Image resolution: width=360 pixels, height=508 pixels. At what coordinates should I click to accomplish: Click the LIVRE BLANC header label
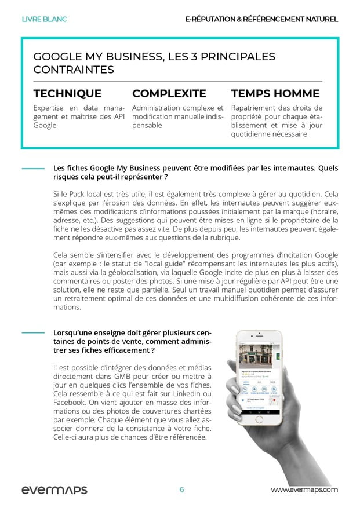click(x=44, y=19)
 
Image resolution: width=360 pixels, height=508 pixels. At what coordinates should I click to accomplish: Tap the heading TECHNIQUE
click(x=67, y=93)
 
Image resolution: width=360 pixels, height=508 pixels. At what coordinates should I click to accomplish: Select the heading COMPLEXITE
click(x=169, y=93)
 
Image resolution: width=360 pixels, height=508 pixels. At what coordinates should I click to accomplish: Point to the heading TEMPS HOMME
click(x=275, y=93)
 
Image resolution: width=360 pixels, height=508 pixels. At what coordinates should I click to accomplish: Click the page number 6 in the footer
click(x=181, y=490)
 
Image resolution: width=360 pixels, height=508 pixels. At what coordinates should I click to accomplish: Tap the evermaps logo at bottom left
click(x=54, y=490)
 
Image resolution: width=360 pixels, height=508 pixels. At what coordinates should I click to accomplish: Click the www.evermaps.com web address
click(x=304, y=490)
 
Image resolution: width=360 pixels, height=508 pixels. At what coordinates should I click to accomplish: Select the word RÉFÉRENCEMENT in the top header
click(x=274, y=19)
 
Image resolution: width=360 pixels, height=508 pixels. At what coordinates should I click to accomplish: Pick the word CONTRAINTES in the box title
click(x=74, y=70)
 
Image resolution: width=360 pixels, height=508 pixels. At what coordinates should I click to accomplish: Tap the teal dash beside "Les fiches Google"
click(x=33, y=169)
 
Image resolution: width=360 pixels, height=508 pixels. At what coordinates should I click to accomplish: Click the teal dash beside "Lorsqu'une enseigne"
click(x=33, y=332)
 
